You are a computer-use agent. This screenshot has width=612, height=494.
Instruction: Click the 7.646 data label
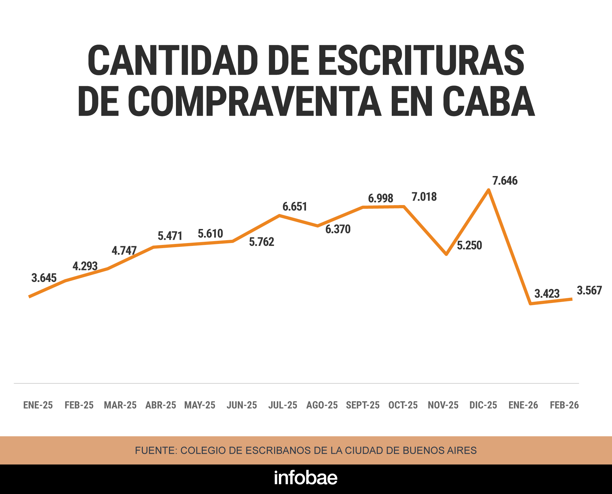coord(505,181)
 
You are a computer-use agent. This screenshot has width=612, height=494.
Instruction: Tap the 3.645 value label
coord(44,278)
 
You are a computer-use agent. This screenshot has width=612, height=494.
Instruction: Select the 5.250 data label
coord(469,246)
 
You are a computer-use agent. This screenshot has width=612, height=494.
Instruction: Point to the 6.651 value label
coord(295,207)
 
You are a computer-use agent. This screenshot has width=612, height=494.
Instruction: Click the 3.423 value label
coord(547,293)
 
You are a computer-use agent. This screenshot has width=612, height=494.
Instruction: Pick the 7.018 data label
coord(424,197)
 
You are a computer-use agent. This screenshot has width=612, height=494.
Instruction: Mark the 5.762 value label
coord(261,242)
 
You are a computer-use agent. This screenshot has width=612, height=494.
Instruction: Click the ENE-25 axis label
coord(38,405)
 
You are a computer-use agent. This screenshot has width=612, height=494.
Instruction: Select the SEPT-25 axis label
coord(363,405)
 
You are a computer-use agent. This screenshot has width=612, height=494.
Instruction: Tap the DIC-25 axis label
coord(483,405)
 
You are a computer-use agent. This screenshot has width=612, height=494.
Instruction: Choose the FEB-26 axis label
coord(564,405)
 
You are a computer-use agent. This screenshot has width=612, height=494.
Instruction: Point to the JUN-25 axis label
coord(242,405)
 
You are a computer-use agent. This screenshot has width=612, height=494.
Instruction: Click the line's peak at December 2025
coord(488,190)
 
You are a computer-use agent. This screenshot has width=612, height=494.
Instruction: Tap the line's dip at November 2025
coord(447,254)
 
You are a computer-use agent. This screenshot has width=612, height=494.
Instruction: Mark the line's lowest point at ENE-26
coord(530,304)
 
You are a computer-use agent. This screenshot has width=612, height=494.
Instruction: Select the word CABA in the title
coord(488,101)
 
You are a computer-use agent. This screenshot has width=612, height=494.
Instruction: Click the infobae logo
coord(306,478)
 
